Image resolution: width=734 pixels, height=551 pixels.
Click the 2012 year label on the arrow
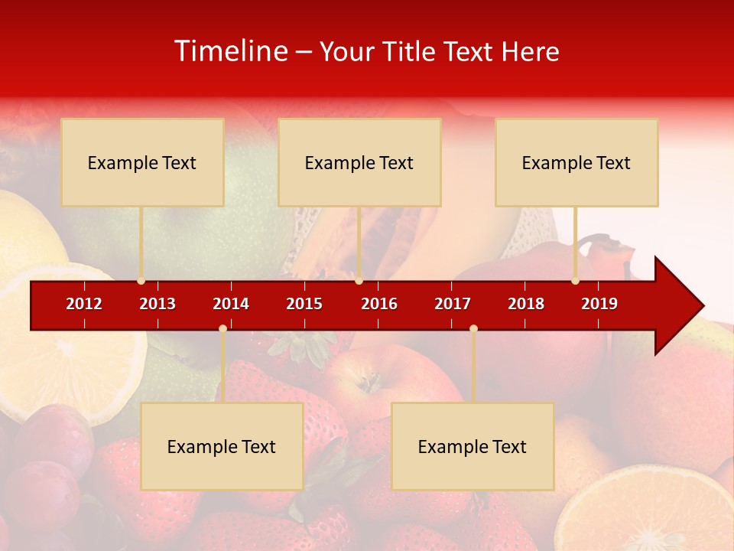84,304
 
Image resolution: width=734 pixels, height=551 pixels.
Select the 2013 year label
158,304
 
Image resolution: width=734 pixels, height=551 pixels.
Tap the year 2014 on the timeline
231,304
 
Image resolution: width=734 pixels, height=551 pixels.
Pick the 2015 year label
304,304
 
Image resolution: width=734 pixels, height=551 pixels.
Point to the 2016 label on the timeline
379,304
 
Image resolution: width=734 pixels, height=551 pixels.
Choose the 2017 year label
453,304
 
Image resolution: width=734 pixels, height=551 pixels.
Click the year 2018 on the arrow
526,304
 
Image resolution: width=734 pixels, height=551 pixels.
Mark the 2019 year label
599,304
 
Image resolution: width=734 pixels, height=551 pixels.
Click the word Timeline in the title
230,51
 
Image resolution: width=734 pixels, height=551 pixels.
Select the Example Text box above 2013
142,162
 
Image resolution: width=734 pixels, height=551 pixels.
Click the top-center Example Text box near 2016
359,162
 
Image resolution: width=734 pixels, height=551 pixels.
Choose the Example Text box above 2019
576,162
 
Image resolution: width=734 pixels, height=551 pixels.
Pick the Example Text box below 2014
222,446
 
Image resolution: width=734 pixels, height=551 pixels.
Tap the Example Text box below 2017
473,446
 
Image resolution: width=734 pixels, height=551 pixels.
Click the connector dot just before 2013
141,281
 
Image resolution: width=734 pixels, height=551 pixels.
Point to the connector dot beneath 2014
222,329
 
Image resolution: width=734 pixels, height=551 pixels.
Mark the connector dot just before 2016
359,281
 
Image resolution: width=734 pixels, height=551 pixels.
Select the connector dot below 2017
473,329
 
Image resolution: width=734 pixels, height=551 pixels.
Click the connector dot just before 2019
575,281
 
